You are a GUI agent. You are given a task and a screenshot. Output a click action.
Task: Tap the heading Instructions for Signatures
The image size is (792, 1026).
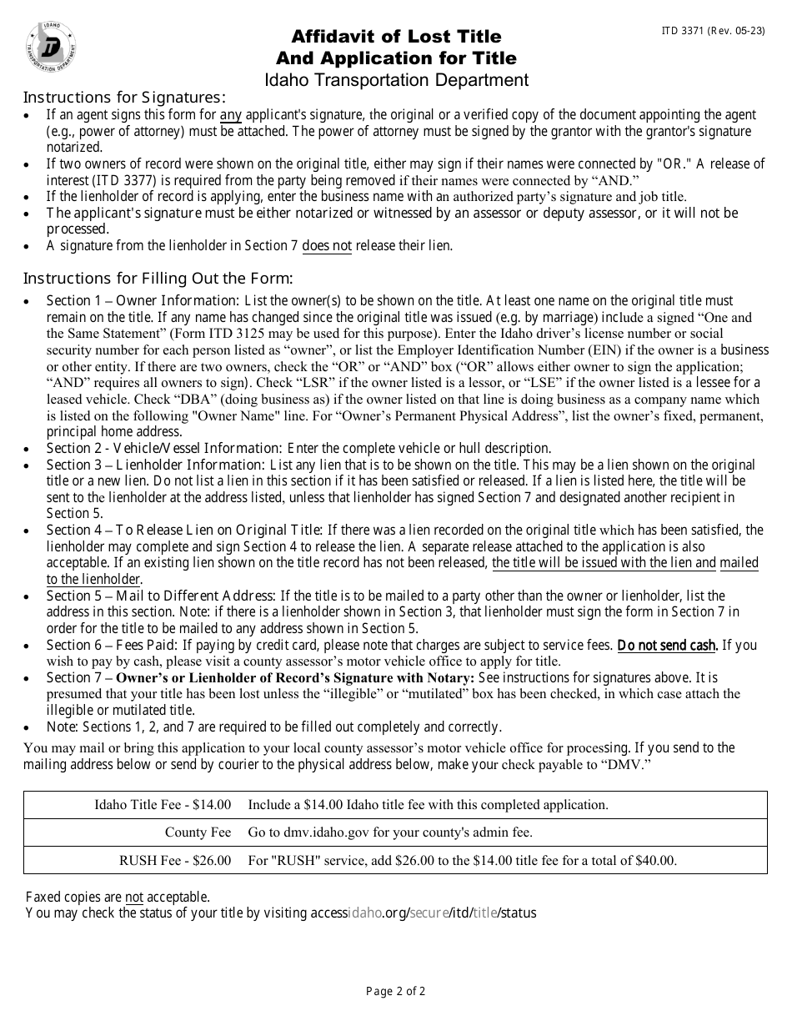[124, 97]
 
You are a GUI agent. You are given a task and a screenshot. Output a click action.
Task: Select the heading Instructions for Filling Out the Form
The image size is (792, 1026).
[158, 278]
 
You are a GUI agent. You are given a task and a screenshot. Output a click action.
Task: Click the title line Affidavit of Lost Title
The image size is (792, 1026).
[396, 37]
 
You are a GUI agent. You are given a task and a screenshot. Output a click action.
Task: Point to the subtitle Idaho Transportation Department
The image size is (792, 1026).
[396, 80]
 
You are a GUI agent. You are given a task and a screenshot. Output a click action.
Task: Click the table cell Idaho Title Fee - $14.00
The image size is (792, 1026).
[163, 805]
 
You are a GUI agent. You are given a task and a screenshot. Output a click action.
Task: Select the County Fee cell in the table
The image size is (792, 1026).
[198, 832]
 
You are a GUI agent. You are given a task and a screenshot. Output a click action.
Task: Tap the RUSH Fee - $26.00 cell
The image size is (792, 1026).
[175, 860]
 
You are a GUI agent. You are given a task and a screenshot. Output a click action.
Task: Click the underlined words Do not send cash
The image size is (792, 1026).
[667, 645]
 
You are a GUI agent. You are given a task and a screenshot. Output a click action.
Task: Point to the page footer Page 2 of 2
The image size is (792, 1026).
[396, 992]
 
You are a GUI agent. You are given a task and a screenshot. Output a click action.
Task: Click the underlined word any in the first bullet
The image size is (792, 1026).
[231, 114]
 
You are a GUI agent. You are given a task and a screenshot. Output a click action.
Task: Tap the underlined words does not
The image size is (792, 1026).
[327, 245]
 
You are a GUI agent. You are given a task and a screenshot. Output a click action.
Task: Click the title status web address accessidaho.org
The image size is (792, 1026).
[424, 913]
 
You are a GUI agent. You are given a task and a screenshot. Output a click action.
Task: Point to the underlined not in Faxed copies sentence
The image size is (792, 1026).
[134, 897]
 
